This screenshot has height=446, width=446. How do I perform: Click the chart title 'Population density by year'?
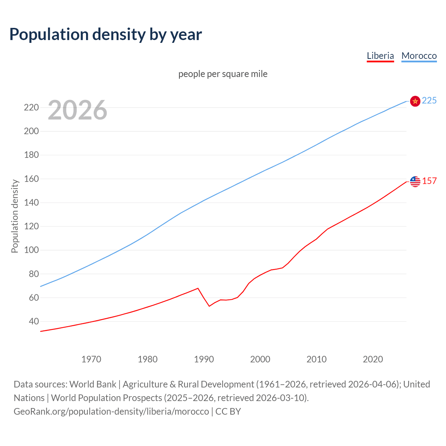106,34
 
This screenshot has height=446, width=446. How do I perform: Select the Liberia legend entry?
380,56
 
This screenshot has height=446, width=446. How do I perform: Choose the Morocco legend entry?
419,56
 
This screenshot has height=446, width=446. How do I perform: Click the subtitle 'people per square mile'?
223,74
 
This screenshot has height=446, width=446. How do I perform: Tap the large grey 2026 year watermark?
77,110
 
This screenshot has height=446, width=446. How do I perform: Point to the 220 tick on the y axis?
31,107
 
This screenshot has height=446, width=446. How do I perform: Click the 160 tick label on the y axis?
31,179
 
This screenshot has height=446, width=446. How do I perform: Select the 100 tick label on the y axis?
31,250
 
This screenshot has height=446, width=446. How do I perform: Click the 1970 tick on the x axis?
91,359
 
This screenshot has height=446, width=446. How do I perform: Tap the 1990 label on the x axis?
204,359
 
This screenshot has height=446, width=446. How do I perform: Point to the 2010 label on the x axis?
316,359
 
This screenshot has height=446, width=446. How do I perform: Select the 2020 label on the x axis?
373,359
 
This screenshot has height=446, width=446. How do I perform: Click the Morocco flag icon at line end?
415,101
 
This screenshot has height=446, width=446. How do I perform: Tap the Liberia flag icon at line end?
415,182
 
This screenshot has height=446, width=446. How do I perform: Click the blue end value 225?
429,101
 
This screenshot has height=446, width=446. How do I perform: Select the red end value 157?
429,181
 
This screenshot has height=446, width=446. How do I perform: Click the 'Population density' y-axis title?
15,216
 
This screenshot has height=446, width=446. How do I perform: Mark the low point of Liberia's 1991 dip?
209,306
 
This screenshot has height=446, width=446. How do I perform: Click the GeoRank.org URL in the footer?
111,412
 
